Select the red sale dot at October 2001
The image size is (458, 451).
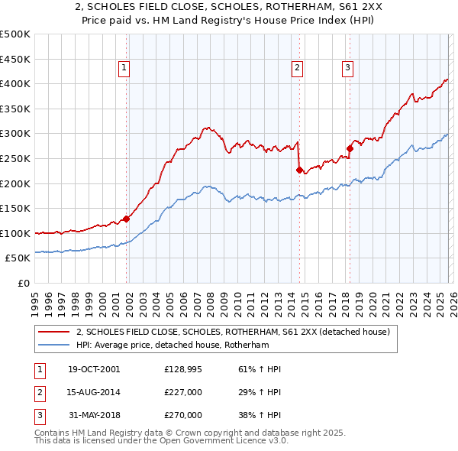tap(127, 219)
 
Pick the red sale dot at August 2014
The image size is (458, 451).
tap(299, 170)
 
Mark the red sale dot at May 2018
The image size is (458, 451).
tap(350, 148)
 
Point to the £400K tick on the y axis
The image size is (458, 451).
tap(15, 84)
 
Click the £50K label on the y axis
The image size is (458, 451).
tap(18, 258)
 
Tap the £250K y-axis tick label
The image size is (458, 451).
tap(15, 158)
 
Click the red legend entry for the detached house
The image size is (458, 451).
tap(233, 332)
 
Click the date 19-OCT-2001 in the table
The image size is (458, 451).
tap(94, 370)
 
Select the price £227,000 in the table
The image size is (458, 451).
tap(183, 393)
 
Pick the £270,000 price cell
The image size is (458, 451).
tap(183, 416)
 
